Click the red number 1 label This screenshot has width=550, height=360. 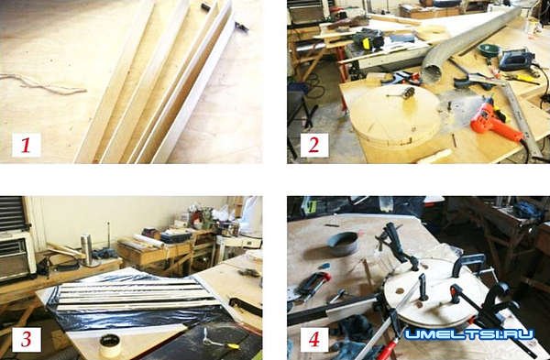click(x=26, y=145)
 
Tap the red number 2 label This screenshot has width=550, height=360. click(x=313, y=145)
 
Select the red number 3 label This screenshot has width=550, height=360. click(x=27, y=339)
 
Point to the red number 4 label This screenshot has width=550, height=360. click(x=313, y=339)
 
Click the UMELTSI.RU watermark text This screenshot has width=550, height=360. click(x=469, y=334)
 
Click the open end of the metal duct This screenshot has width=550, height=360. click(x=432, y=72)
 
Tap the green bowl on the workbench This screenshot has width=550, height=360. click(x=489, y=50)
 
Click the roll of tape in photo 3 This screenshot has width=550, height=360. click(x=110, y=344)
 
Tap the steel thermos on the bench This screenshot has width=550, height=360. click(x=86, y=249)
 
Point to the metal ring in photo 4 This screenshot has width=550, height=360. click(x=342, y=244)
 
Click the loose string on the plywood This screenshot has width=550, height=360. click(x=42, y=84)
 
